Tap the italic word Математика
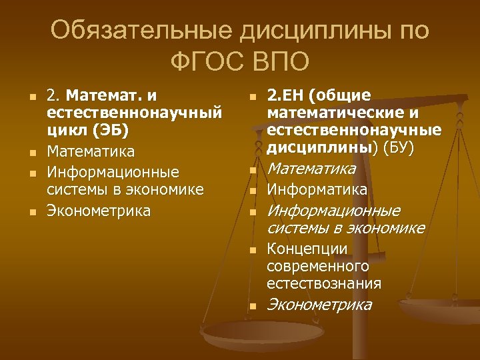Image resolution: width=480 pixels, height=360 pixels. [311, 170]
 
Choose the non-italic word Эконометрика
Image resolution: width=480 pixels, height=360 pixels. [99, 211]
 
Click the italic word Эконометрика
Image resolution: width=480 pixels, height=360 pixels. [319, 305]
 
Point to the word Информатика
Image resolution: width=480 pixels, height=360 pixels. [317, 191]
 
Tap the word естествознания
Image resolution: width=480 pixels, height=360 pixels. [324, 283]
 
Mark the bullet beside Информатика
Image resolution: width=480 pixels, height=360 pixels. [253, 192]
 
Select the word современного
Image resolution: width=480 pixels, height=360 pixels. [318, 267]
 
